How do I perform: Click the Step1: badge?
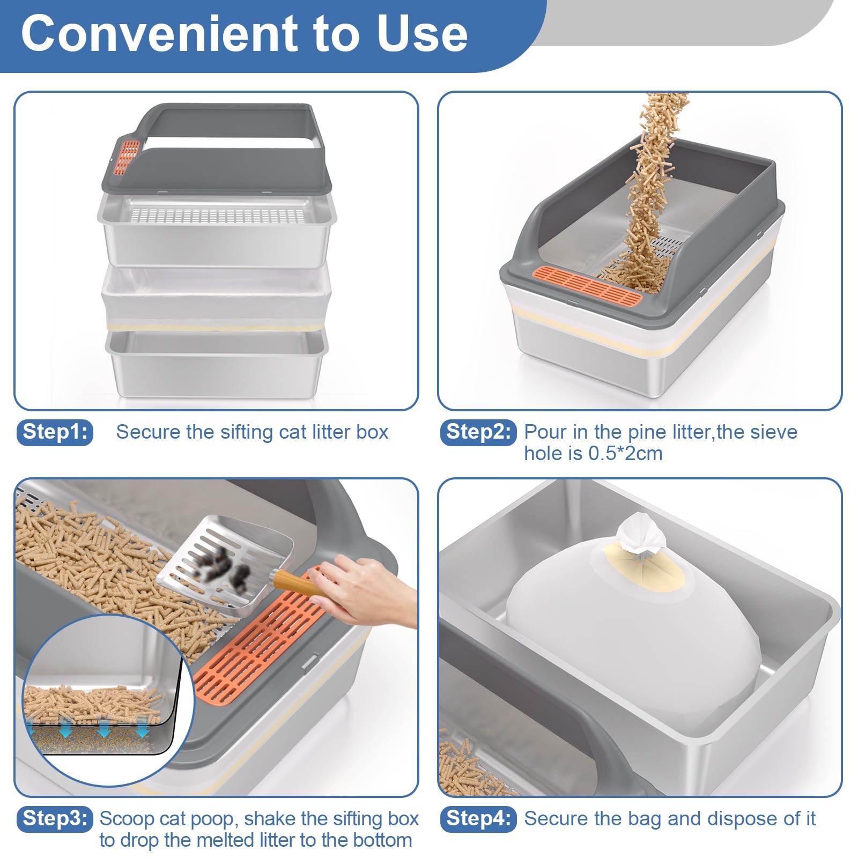[55, 432]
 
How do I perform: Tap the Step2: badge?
[478, 432]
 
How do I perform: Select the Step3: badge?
[55, 819]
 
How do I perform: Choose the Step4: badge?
[478, 819]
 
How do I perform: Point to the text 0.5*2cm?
[625, 454]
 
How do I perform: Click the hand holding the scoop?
[365, 590]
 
